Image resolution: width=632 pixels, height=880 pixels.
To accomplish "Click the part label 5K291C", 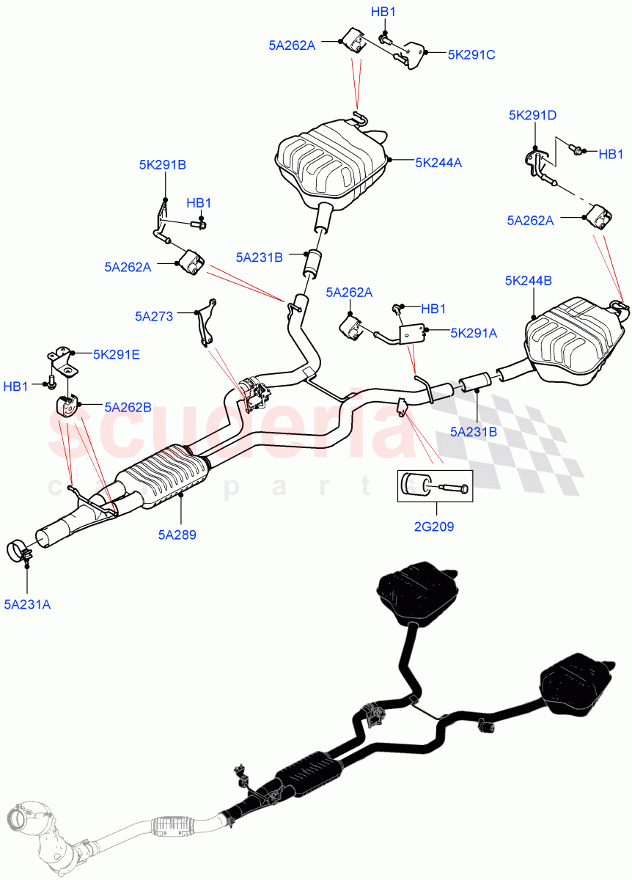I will (x=471, y=54).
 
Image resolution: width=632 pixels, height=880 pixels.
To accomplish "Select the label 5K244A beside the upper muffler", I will (x=438, y=163).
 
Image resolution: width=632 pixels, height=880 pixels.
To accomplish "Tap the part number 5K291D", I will (x=533, y=115).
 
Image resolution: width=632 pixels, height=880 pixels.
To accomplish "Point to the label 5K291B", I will (x=162, y=165).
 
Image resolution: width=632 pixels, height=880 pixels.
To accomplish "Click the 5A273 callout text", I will (x=154, y=316).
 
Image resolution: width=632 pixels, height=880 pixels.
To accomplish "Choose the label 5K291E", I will (x=116, y=354).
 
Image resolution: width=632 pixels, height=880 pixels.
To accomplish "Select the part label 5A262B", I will (x=128, y=406).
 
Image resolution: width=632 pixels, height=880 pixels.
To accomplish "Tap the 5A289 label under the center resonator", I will (x=176, y=535).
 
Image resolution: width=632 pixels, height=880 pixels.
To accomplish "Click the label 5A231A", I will (x=27, y=604).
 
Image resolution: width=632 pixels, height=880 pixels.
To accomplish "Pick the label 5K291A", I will (x=474, y=333).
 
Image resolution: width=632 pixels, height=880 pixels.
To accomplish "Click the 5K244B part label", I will (x=529, y=280).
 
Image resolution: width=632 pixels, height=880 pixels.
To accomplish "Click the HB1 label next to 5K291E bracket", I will (x=16, y=386).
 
